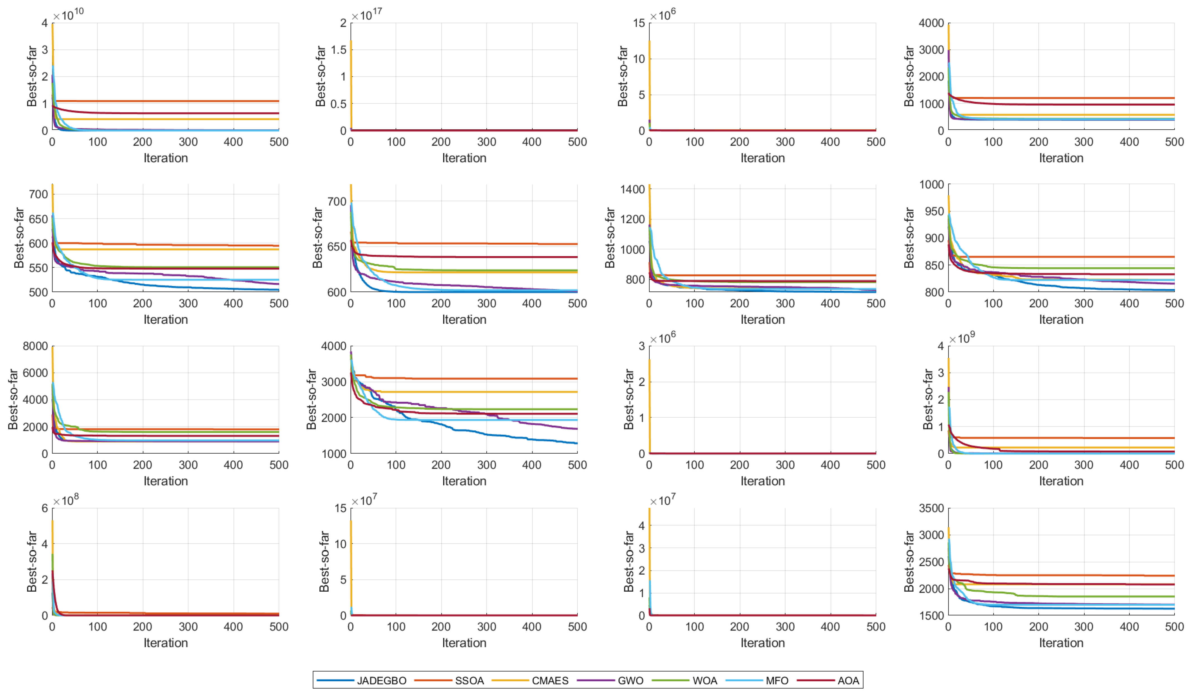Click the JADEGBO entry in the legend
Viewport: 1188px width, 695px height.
(x=381, y=680)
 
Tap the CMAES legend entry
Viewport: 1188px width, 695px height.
(x=550, y=680)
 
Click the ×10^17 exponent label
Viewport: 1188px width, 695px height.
(x=367, y=14)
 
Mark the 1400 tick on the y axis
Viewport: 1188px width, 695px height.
(x=632, y=190)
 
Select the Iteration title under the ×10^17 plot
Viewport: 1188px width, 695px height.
(x=464, y=158)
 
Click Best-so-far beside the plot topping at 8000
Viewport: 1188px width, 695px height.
(x=13, y=399)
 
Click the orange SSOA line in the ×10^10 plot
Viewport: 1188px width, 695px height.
(x=165, y=101)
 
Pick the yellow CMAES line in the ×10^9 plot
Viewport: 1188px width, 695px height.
(x=1061, y=448)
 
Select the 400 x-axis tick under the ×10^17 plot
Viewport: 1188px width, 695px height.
(x=532, y=142)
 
